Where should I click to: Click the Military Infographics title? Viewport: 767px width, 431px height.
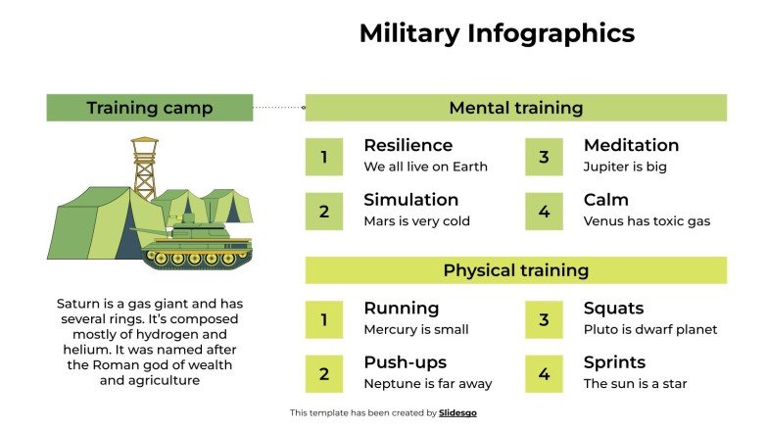(497, 33)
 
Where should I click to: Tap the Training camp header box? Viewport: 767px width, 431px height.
(149, 108)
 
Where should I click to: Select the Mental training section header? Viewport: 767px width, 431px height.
(515, 108)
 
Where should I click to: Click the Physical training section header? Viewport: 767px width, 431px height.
(515, 270)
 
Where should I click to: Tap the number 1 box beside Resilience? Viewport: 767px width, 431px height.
(323, 157)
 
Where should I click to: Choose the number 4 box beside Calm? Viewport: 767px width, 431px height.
(544, 211)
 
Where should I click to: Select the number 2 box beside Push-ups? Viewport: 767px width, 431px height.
(323, 373)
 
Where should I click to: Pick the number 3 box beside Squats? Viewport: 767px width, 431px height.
(544, 319)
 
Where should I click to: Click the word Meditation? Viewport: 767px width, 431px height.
(631, 145)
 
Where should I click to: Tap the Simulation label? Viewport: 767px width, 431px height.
(410, 200)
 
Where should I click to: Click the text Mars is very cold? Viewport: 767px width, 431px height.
(416, 221)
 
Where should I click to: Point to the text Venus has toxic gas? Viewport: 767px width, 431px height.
(647, 221)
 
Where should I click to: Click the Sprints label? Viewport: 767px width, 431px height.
(614, 362)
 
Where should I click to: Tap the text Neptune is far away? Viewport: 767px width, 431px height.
(427, 384)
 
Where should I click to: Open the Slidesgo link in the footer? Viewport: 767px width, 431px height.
(457, 413)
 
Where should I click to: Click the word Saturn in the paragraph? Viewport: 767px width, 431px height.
(77, 304)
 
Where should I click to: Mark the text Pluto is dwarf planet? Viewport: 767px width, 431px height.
(650, 330)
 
